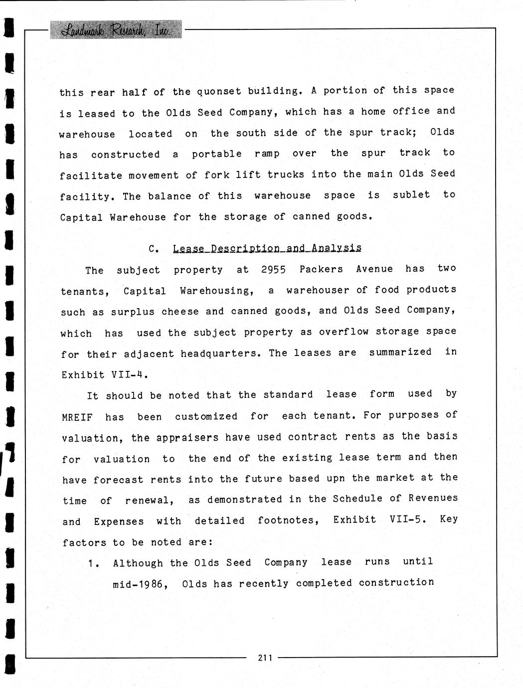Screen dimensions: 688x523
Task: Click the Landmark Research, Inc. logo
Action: pos(116,30)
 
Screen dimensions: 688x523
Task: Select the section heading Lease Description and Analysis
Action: pos(267,248)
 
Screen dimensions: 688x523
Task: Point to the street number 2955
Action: pos(273,270)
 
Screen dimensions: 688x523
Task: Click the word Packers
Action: pos(321,269)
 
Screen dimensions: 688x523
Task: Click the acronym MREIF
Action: pos(77,417)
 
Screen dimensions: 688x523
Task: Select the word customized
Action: pos(206,416)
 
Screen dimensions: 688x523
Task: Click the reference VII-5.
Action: pos(408,519)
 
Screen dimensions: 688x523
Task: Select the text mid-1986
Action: pos(140,584)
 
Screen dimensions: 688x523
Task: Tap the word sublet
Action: pos(411,195)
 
